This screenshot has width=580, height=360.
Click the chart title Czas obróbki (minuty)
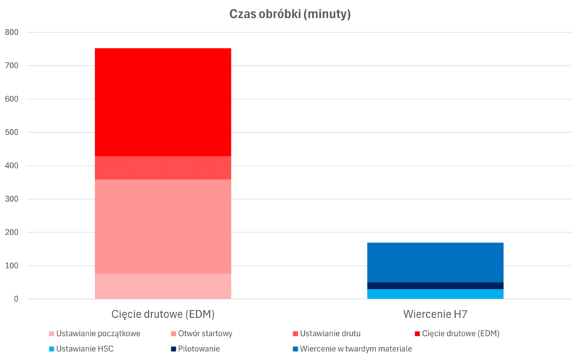[x=290, y=15]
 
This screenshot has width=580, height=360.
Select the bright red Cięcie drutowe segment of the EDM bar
[x=163, y=102]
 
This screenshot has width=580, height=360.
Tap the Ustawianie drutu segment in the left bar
[x=163, y=168]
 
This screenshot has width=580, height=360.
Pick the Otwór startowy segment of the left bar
[x=163, y=226]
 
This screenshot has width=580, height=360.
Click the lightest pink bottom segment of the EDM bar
[x=163, y=286]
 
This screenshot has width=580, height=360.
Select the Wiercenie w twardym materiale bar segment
[x=435, y=262]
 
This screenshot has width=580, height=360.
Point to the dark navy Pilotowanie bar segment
[x=435, y=285]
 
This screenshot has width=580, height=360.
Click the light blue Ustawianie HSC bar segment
[x=435, y=294]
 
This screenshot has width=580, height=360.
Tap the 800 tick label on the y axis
[x=12, y=32]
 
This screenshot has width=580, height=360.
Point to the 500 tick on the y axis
[x=12, y=132]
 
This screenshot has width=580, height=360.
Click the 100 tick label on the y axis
[x=12, y=266]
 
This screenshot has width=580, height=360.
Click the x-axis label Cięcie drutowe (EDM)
[x=163, y=314]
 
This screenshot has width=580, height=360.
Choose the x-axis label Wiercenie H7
[x=435, y=314]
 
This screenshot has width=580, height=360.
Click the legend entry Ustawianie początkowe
[x=98, y=333]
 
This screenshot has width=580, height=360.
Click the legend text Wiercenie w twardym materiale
[x=355, y=348]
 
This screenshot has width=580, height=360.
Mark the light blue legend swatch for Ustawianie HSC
[x=51, y=348]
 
